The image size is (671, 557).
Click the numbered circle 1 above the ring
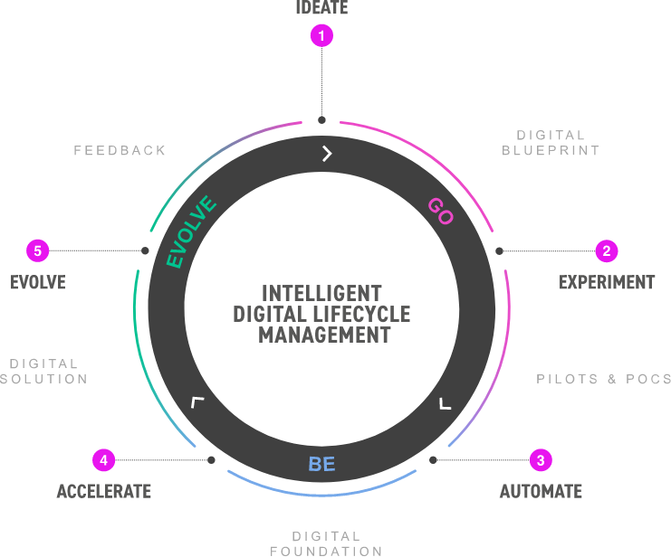321,36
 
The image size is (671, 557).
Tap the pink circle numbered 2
606,250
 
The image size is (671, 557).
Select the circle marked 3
541,459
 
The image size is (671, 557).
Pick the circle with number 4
104,459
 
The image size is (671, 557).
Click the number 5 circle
37,250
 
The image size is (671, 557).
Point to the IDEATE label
321,8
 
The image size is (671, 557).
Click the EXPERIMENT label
606,282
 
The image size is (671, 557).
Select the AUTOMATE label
541,491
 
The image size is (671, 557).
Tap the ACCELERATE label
103,491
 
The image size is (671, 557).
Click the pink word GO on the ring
440,212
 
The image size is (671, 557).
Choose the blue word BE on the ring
321,465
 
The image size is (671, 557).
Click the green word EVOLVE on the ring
192,232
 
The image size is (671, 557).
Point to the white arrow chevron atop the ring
327,154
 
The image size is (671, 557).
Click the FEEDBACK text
120,150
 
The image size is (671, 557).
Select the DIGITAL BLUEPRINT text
551,143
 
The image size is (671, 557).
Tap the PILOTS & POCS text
603,379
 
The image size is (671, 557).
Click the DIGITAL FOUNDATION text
326,543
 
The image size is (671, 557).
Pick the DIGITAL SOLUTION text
43,372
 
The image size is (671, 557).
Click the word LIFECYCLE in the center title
361,314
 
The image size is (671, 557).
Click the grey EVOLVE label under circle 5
38,282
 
